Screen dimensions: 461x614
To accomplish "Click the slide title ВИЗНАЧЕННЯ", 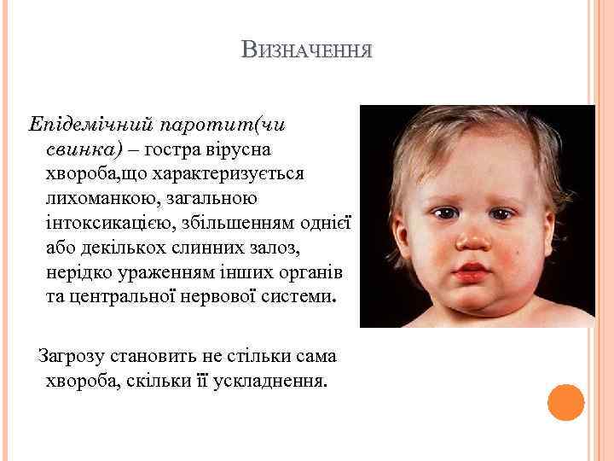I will coord(306,50).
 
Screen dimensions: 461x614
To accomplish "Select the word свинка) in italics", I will coord(84,149).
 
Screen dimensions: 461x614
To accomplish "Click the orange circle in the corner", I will coord(565,402).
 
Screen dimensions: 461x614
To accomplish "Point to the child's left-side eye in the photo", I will coord(444,212).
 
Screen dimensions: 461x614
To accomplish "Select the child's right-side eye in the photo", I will coord(501,213).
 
